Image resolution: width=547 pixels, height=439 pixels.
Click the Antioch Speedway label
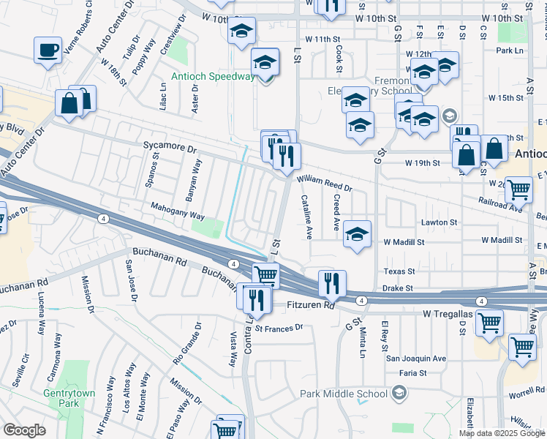tap(213, 76)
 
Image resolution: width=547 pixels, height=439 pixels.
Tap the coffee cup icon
tap(48, 50)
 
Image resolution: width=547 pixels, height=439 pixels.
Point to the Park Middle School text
tap(343, 394)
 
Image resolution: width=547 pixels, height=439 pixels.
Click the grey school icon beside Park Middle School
tap(399, 394)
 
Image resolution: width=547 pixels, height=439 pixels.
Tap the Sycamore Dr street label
tap(171, 149)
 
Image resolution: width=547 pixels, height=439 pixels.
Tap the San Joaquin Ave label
tap(415, 359)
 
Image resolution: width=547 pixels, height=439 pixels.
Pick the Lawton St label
tap(439, 222)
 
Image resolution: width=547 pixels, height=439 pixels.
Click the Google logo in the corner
tap(24, 429)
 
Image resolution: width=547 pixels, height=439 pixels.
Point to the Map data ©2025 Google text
tap(502, 433)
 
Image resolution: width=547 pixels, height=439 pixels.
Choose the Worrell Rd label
tap(529, 395)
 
